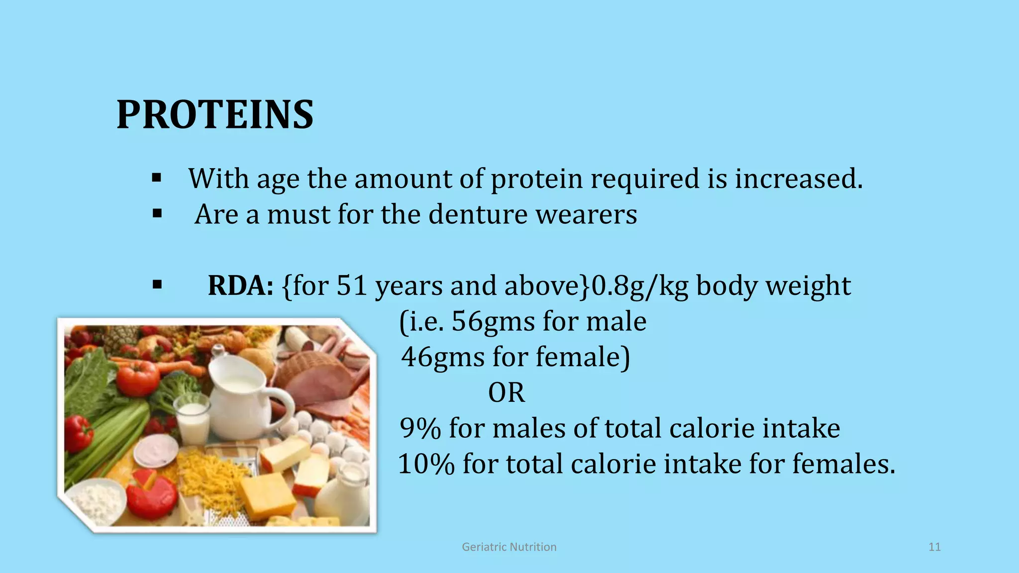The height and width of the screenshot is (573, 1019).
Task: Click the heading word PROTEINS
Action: (215, 115)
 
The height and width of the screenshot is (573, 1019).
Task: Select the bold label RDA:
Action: (240, 286)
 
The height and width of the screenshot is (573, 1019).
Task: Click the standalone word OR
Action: (506, 393)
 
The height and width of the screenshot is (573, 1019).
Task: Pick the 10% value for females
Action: (426, 464)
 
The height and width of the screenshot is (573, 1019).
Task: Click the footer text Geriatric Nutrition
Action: (509, 547)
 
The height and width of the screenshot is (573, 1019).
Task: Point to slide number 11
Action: (934, 547)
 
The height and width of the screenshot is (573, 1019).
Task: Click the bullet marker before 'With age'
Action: (157, 178)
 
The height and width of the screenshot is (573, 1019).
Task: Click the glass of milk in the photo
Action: (193, 423)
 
